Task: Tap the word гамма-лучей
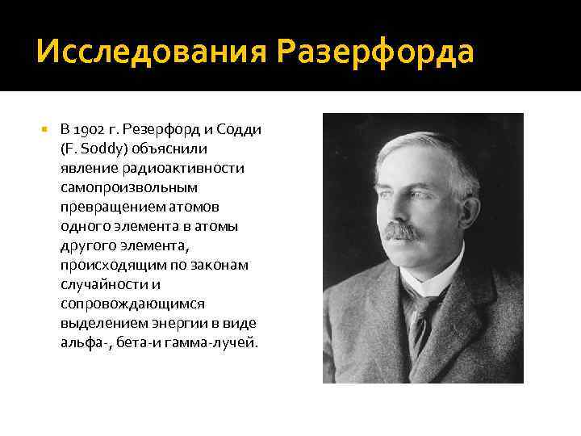point(219,341)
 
